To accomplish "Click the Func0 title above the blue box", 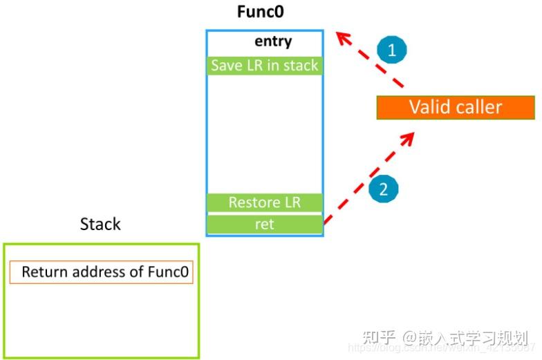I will pyautogui.click(x=261, y=12).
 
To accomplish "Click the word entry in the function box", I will pyautogui.click(x=273, y=41).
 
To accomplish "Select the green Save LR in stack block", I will pyautogui.click(x=265, y=66).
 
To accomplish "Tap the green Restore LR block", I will pyautogui.click(x=265, y=203).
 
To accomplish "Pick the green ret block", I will pyautogui.click(x=265, y=225).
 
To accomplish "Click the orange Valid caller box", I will pyautogui.click(x=455, y=107).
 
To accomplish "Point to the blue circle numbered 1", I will pyautogui.click(x=392, y=49).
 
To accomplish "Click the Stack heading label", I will pyautogui.click(x=100, y=224).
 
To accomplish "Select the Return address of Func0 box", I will pyautogui.click(x=102, y=272).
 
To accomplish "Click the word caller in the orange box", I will pyautogui.click(x=478, y=107).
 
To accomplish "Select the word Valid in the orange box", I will pyautogui.click(x=429, y=107).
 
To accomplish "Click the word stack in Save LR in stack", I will pyautogui.click(x=300, y=66).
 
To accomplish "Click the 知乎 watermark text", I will pyautogui.click(x=380, y=338).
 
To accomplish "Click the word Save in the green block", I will pyautogui.click(x=225, y=66).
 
